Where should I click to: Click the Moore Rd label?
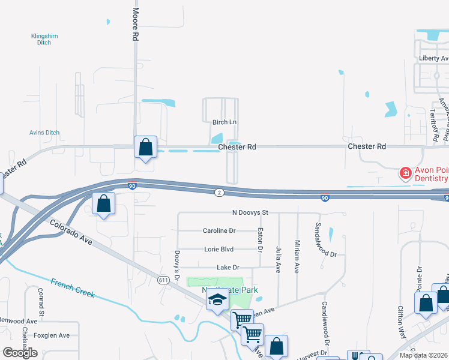136,25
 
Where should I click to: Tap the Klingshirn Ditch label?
44,40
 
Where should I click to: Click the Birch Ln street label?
224,122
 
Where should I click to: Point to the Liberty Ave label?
433,58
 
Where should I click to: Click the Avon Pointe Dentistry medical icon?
406,173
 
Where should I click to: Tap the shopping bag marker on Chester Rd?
145,147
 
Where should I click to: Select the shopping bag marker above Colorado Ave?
104,203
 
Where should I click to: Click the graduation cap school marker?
217,301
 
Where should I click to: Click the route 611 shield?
163,280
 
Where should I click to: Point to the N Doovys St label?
250,212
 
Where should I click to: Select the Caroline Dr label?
219,230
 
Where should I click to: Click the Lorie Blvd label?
218,249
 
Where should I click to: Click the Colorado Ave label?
71,230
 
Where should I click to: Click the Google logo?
20,353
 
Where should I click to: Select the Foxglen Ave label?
52,335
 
